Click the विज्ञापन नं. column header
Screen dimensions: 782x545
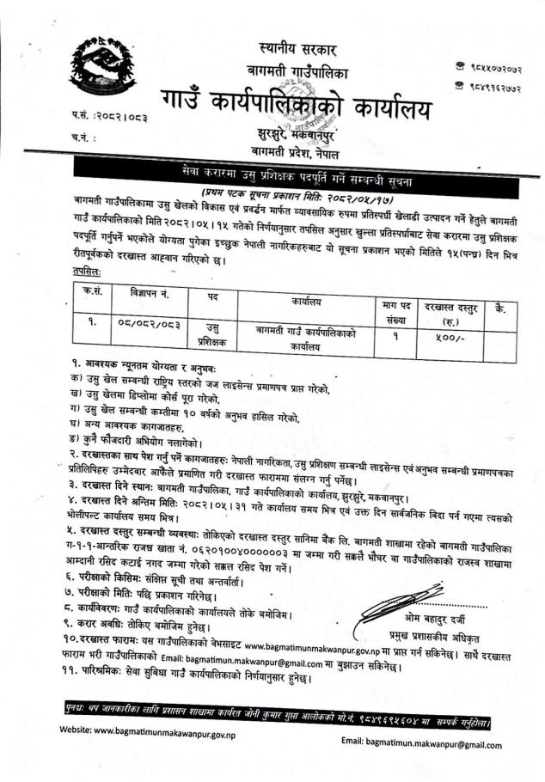point(144,291)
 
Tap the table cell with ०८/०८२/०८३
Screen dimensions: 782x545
point(144,326)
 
